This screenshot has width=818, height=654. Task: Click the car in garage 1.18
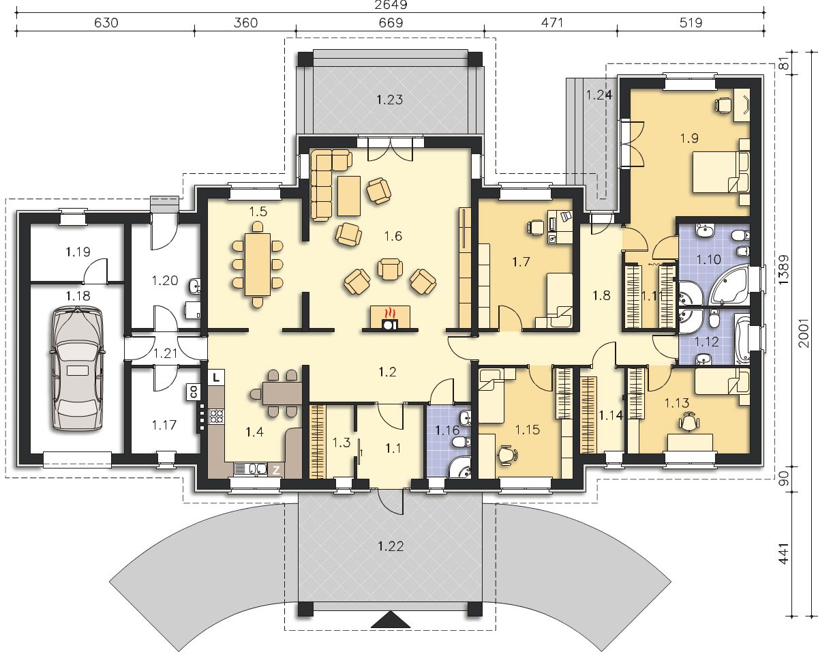(77, 369)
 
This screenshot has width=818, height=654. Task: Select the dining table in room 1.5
(258, 265)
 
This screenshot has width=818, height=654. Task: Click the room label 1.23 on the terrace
(390, 100)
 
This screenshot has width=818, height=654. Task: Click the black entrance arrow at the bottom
(391, 622)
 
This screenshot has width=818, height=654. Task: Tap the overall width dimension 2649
(391, 5)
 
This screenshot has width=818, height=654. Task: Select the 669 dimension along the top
(391, 23)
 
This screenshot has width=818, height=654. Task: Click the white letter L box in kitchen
(216, 377)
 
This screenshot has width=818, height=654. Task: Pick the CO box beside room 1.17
(193, 392)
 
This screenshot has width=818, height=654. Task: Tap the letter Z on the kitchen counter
(276, 471)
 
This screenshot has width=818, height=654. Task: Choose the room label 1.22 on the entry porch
(391, 547)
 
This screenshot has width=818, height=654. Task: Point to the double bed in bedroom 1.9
(719, 171)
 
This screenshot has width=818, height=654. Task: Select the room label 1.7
(521, 262)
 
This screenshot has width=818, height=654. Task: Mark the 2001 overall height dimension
(803, 333)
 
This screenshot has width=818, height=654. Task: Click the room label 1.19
(78, 252)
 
